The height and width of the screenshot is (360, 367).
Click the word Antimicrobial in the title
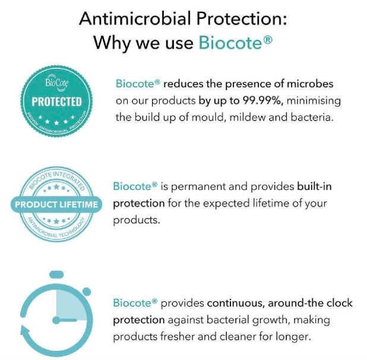[x=135, y=19]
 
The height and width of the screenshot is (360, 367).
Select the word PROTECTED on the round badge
[x=56, y=102]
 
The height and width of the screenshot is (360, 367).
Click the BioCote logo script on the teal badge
[x=57, y=81]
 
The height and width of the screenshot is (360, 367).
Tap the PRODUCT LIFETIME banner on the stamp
[x=56, y=204]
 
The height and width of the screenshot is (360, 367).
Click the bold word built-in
[x=314, y=187]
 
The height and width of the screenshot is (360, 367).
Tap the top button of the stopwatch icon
[x=57, y=274]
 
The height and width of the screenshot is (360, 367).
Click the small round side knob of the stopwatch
[x=87, y=292]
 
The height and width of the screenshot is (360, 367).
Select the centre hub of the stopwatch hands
[x=56, y=320]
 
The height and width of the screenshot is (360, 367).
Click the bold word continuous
[x=236, y=304]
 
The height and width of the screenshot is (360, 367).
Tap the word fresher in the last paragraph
[x=178, y=337]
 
